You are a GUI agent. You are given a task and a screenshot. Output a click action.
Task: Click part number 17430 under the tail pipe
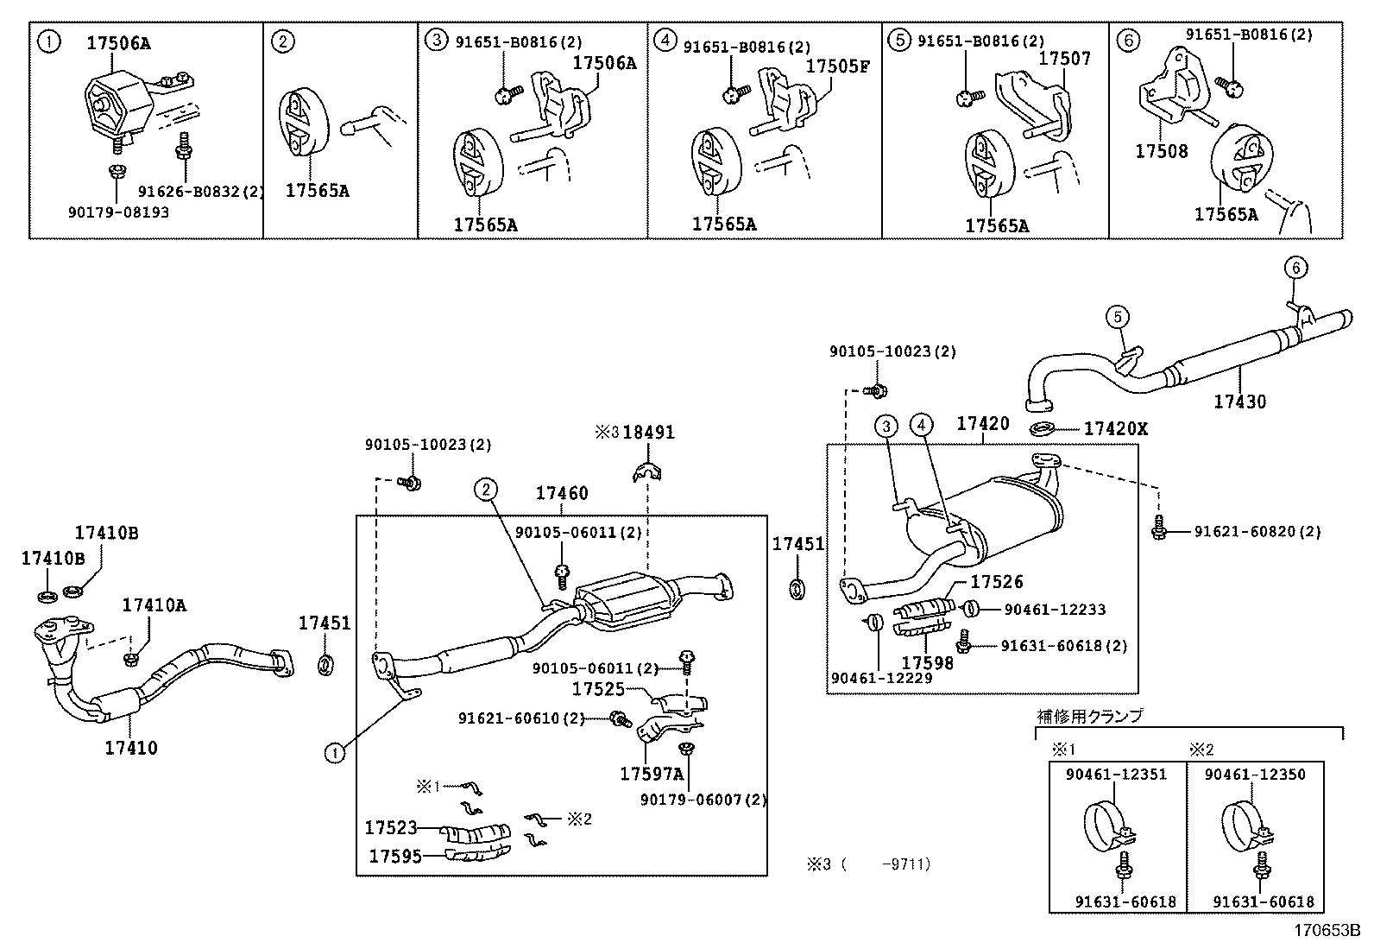click(1239, 402)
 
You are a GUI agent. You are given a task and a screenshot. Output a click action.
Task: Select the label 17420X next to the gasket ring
click(1116, 428)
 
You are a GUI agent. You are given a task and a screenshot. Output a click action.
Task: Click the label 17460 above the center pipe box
click(561, 493)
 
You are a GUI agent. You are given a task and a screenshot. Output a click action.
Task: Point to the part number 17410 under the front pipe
click(131, 748)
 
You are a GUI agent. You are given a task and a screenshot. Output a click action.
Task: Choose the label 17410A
click(154, 605)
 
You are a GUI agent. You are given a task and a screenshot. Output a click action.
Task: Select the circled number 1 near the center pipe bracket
click(334, 753)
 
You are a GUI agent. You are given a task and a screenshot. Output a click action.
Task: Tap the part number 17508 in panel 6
click(1161, 151)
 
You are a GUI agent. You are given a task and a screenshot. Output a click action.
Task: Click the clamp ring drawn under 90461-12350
click(1245, 826)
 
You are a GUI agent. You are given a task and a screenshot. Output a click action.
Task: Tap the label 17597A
click(651, 774)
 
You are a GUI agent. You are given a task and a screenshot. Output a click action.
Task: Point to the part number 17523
click(390, 828)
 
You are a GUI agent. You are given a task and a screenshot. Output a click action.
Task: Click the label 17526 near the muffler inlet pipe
click(996, 583)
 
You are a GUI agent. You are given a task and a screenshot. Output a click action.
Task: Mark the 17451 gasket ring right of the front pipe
click(326, 665)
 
